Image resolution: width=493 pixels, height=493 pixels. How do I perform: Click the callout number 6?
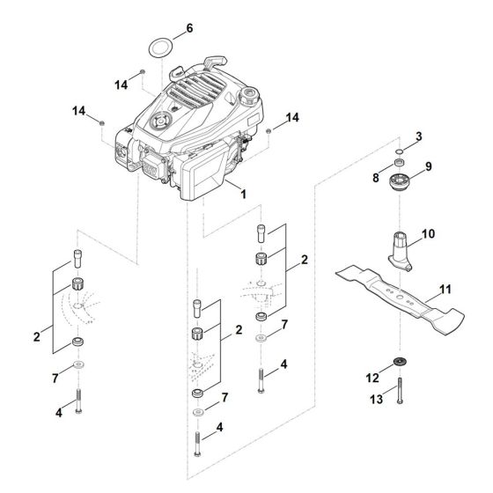click(x=188, y=28)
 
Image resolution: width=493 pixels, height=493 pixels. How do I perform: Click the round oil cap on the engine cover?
click(x=161, y=122)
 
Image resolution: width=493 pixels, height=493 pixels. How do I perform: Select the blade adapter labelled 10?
click(x=401, y=246)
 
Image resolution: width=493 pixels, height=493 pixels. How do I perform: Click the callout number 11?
click(x=445, y=288)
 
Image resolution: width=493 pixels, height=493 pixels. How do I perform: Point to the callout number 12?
click(x=372, y=378)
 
